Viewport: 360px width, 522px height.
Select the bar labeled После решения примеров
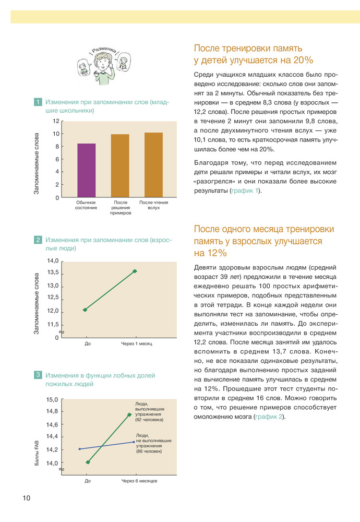pyautogui.click(x=120, y=165)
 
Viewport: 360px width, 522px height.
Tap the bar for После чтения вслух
pyautogui.click(x=153, y=165)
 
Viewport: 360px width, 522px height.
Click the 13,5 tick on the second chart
pyautogui.click(x=53, y=273)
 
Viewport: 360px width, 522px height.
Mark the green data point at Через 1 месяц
pyautogui.click(x=135, y=271)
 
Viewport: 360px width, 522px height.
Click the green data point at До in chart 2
pyautogui.click(x=85, y=310)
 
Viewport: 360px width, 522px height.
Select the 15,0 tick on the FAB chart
pyautogui.click(x=52, y=399)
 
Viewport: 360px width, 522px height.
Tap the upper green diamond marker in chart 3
pyautogui.click(x=129, y=414)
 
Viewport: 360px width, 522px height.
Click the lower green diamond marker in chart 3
pyautogui.click(x=88, y=462)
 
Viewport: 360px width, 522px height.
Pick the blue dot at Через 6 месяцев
pyautogui.click(x=134, y=442)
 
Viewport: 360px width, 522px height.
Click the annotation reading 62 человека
pyautogui.click(x=149, y=420)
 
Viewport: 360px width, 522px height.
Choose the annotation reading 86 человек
pyautogui.click(x=149, y=451)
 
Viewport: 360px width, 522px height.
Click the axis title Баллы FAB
pyautogui.click(x=37, y=453)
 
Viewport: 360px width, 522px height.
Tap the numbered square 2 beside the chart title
pyautogui.click(x=38, y=240)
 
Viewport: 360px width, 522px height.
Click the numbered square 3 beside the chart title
pyautogui.click(x=38, y=375)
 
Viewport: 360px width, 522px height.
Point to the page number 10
pyautogui.click(x=26, y=498)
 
